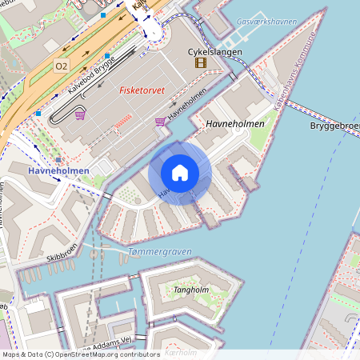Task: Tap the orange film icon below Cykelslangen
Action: pyautogui.click(x=200, y=62)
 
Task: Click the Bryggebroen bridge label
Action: pyautogui.click(x=334, y=126)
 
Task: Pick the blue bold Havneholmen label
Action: pyautogui.click(x=58, y=170)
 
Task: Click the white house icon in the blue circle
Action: pyautogui.click(x=180, y=173)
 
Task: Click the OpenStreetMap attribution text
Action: pyautogui.click(x=81, y=354)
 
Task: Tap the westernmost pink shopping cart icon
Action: pyautogui.click(x=80, y=115)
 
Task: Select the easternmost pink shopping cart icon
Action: pyautogui.click(x=160, y=122)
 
